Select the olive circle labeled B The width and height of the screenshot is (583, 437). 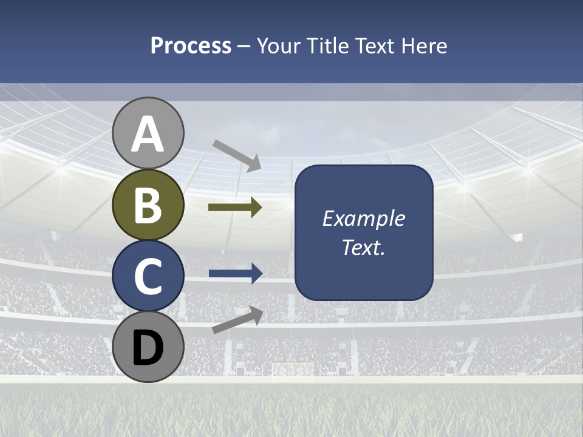tap(148, 205)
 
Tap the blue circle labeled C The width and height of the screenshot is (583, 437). tap(148, 276)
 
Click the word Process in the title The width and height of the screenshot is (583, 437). tap(191, 46)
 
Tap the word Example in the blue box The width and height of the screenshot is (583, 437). tap(363, 218)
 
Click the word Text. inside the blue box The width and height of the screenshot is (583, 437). tap(363, 247)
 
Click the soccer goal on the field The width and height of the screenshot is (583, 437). tap(293, 370)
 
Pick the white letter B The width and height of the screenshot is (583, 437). tap(148, 206)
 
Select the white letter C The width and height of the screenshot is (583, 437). tap(148, 277)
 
